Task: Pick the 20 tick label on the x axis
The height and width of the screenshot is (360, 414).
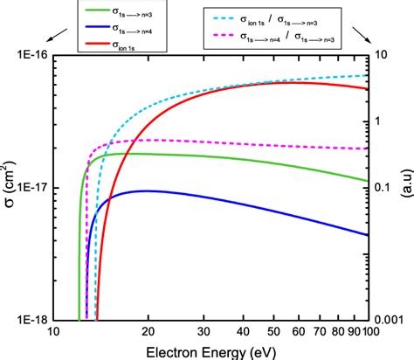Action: [148, 332]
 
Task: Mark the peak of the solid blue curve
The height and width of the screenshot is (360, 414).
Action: [148, 190]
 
